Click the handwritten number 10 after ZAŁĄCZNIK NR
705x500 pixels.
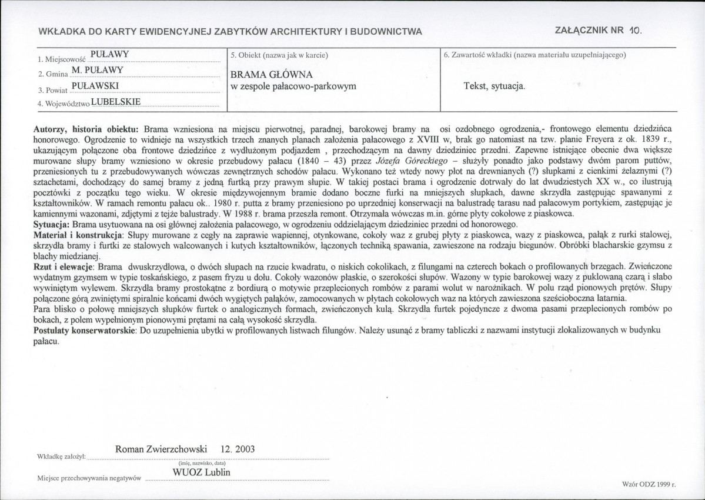point(632,31)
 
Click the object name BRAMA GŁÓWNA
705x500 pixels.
point(272,75)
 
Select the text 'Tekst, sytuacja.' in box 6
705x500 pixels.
point(494,86)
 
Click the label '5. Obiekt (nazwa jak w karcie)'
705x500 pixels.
point(279,55)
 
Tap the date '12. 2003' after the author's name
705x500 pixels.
point(238,448)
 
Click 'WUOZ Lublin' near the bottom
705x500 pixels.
point(201,472)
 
